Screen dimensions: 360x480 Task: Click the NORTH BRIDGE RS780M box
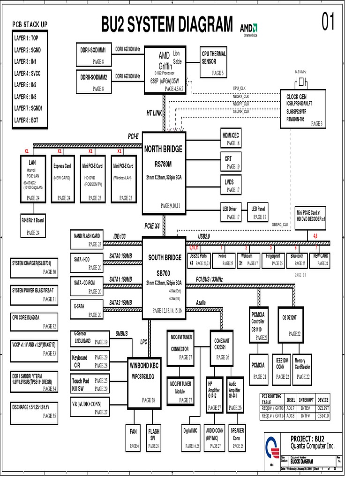163,172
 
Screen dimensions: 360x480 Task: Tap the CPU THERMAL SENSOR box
214,63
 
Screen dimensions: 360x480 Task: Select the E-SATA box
86,310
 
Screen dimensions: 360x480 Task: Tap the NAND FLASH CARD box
86,240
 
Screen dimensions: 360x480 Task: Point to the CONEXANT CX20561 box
222,347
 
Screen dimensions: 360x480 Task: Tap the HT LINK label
154,113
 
